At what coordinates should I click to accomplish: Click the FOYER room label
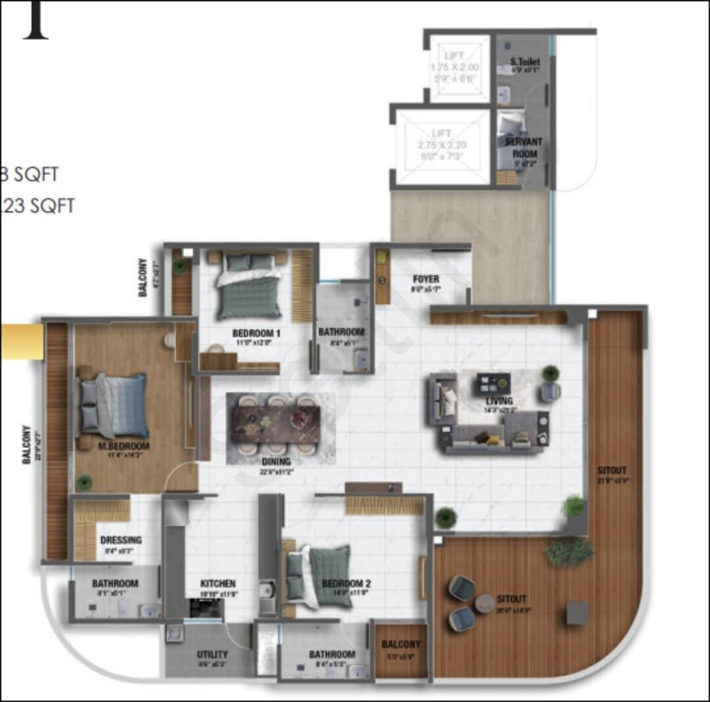426,279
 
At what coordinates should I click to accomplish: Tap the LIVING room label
499,402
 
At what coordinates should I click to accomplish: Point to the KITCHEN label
218,584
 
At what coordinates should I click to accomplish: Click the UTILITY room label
212,655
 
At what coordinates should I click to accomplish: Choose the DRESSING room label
121,540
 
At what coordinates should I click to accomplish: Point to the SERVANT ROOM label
524,147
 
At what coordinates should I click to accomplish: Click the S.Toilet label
525,62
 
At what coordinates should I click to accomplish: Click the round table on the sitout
485,603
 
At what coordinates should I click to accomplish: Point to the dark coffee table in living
493,382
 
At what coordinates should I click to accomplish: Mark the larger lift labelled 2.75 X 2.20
442,146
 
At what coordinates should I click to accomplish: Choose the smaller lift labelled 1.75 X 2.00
460,68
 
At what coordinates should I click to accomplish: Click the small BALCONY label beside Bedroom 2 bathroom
401,645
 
